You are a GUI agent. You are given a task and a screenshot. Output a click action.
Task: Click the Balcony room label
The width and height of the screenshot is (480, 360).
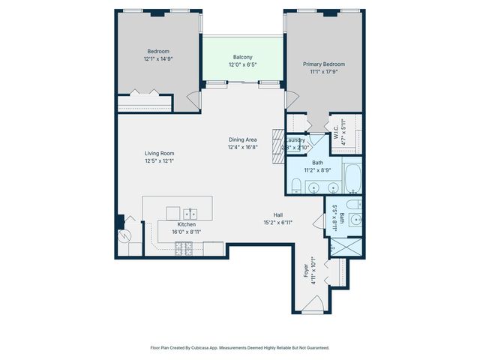coord(242,57)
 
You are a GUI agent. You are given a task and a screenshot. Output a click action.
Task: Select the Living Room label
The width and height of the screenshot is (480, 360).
coord(159,154)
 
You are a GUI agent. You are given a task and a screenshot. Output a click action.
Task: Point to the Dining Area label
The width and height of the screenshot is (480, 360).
coord(243,139)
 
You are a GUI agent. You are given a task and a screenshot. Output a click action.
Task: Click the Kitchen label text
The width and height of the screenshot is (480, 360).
coord(186,224)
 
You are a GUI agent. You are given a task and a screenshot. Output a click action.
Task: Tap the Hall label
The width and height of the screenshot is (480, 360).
coord(277,214)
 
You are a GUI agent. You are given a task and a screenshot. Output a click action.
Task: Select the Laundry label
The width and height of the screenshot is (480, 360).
coord(295,139)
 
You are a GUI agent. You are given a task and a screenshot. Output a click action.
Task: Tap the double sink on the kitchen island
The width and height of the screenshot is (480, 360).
coord(190,212)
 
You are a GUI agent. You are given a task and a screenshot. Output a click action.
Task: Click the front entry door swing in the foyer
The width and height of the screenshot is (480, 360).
coord(315,304)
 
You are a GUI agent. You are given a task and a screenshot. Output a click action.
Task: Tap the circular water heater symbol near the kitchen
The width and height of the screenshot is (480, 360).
coord(124,235)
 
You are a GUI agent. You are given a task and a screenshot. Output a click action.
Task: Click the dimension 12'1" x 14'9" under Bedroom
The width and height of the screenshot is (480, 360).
coord(158,58)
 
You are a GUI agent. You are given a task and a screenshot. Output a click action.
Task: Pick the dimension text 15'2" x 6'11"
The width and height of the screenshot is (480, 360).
coord(277,223)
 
